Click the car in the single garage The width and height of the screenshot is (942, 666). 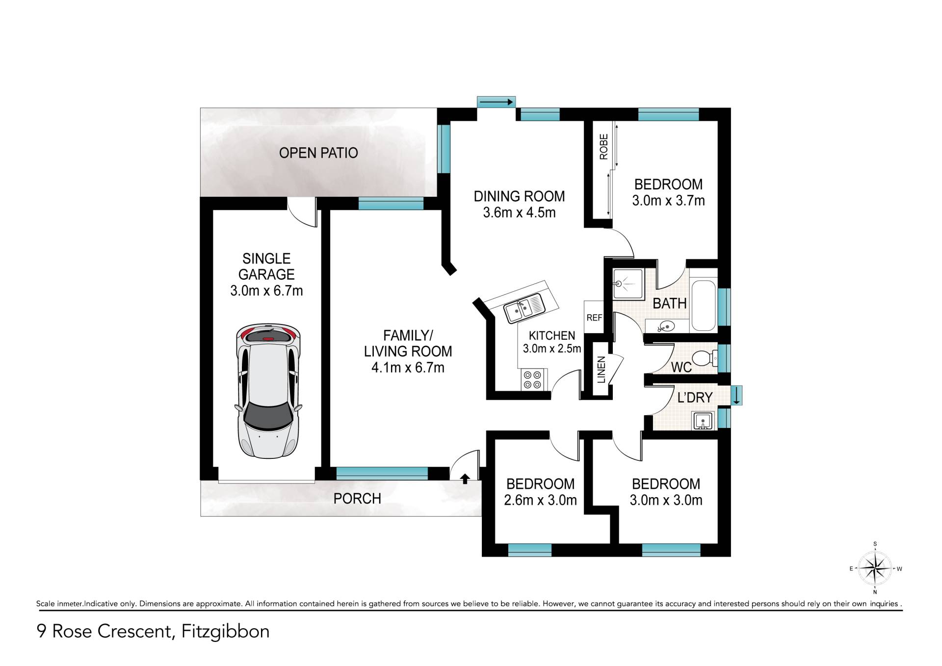click(268, 391)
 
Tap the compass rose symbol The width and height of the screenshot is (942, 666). click(875, 568)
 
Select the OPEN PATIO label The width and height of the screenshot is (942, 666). click(318, 153)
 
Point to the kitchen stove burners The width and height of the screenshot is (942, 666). click(532, 379)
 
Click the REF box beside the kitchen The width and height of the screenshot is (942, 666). click(594, 318)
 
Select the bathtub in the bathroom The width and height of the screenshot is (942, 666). click(703, 305)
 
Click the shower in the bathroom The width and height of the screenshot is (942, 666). click(628, 284)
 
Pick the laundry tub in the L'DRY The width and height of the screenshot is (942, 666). click(703, 421)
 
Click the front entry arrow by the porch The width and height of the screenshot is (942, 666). click(465, 478)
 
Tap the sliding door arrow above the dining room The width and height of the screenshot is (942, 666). click(496, 102)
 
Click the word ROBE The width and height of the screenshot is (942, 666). click(603, 147)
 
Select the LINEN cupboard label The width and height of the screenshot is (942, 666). click(602, 370)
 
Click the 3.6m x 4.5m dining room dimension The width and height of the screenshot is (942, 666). click(519, 213)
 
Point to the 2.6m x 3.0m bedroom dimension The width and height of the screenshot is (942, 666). click(540, 500)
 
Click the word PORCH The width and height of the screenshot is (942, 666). click(357, 499)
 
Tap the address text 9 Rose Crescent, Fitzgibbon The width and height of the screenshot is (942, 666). click(153, 631)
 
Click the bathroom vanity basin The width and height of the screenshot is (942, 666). click(666, 325)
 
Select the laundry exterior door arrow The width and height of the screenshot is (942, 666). click(736, 396)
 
